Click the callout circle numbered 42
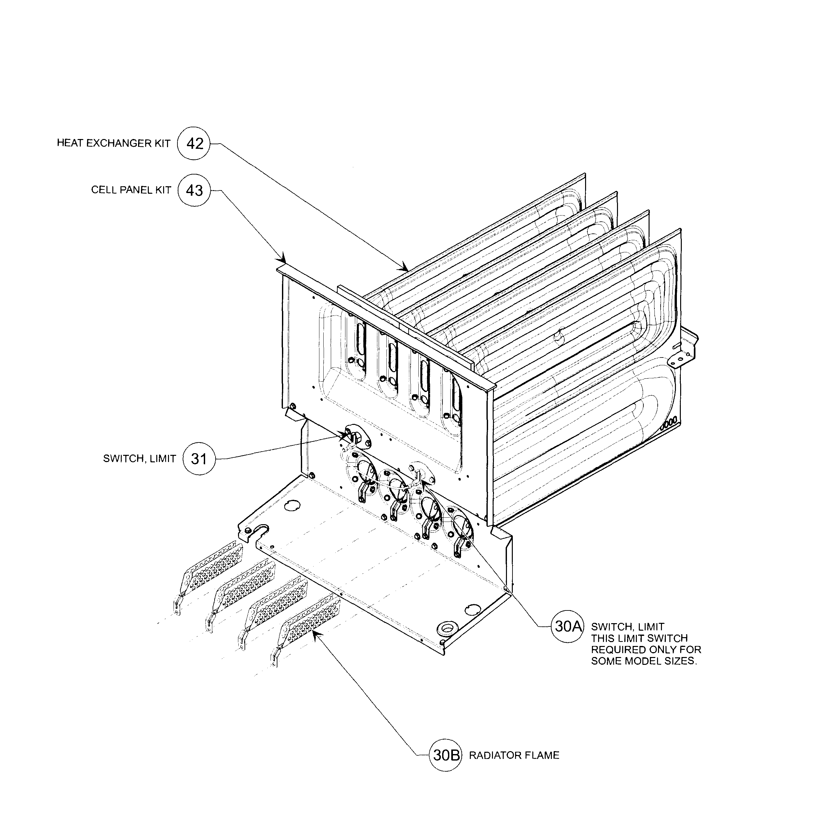194,143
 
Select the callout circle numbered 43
194,190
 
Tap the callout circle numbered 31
199,459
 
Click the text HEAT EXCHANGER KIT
114,143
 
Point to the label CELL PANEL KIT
131,190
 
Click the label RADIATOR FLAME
514,755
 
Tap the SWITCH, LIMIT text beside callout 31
139,459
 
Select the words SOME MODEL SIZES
644,662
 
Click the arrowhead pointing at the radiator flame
316,635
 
